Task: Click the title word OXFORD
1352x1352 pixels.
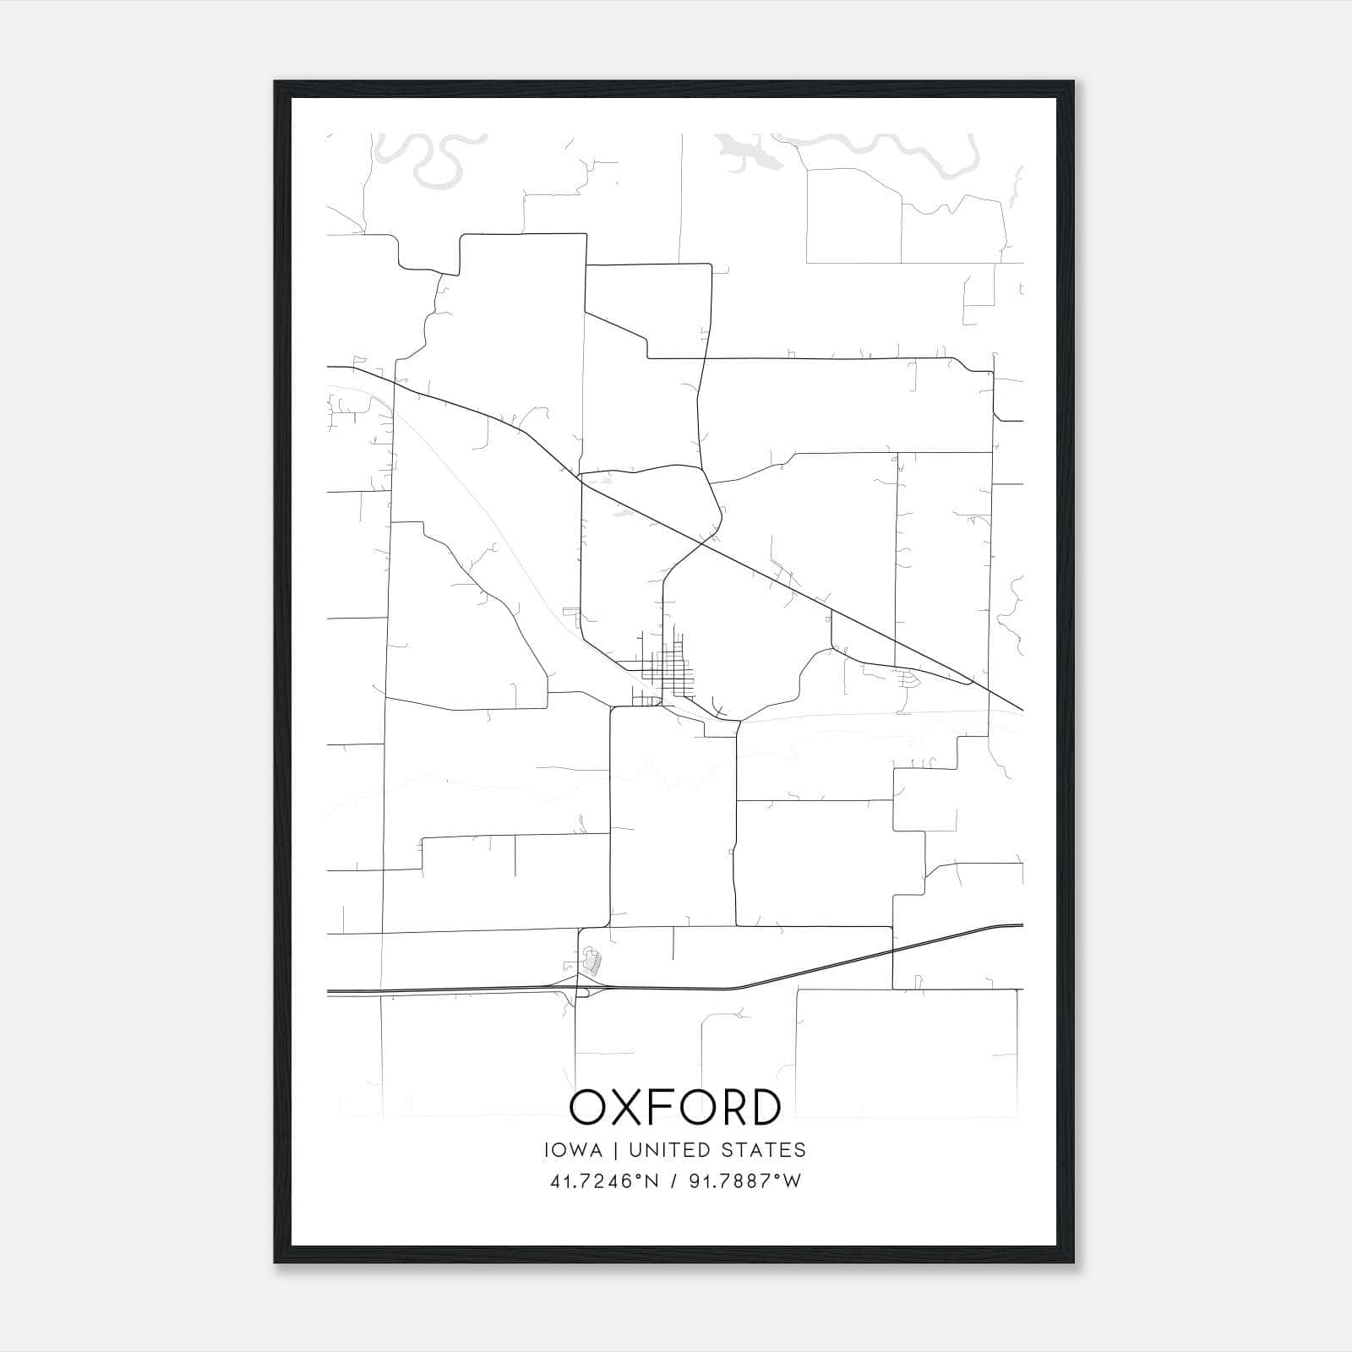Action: tap(675, 1107)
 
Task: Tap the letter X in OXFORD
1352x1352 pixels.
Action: tap(630, 1107)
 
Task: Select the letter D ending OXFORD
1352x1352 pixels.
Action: tap(763, 1107)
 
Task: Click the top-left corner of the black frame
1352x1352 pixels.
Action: tap(275, 83)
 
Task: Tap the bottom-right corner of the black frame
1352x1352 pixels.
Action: tap(1072, 1262)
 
